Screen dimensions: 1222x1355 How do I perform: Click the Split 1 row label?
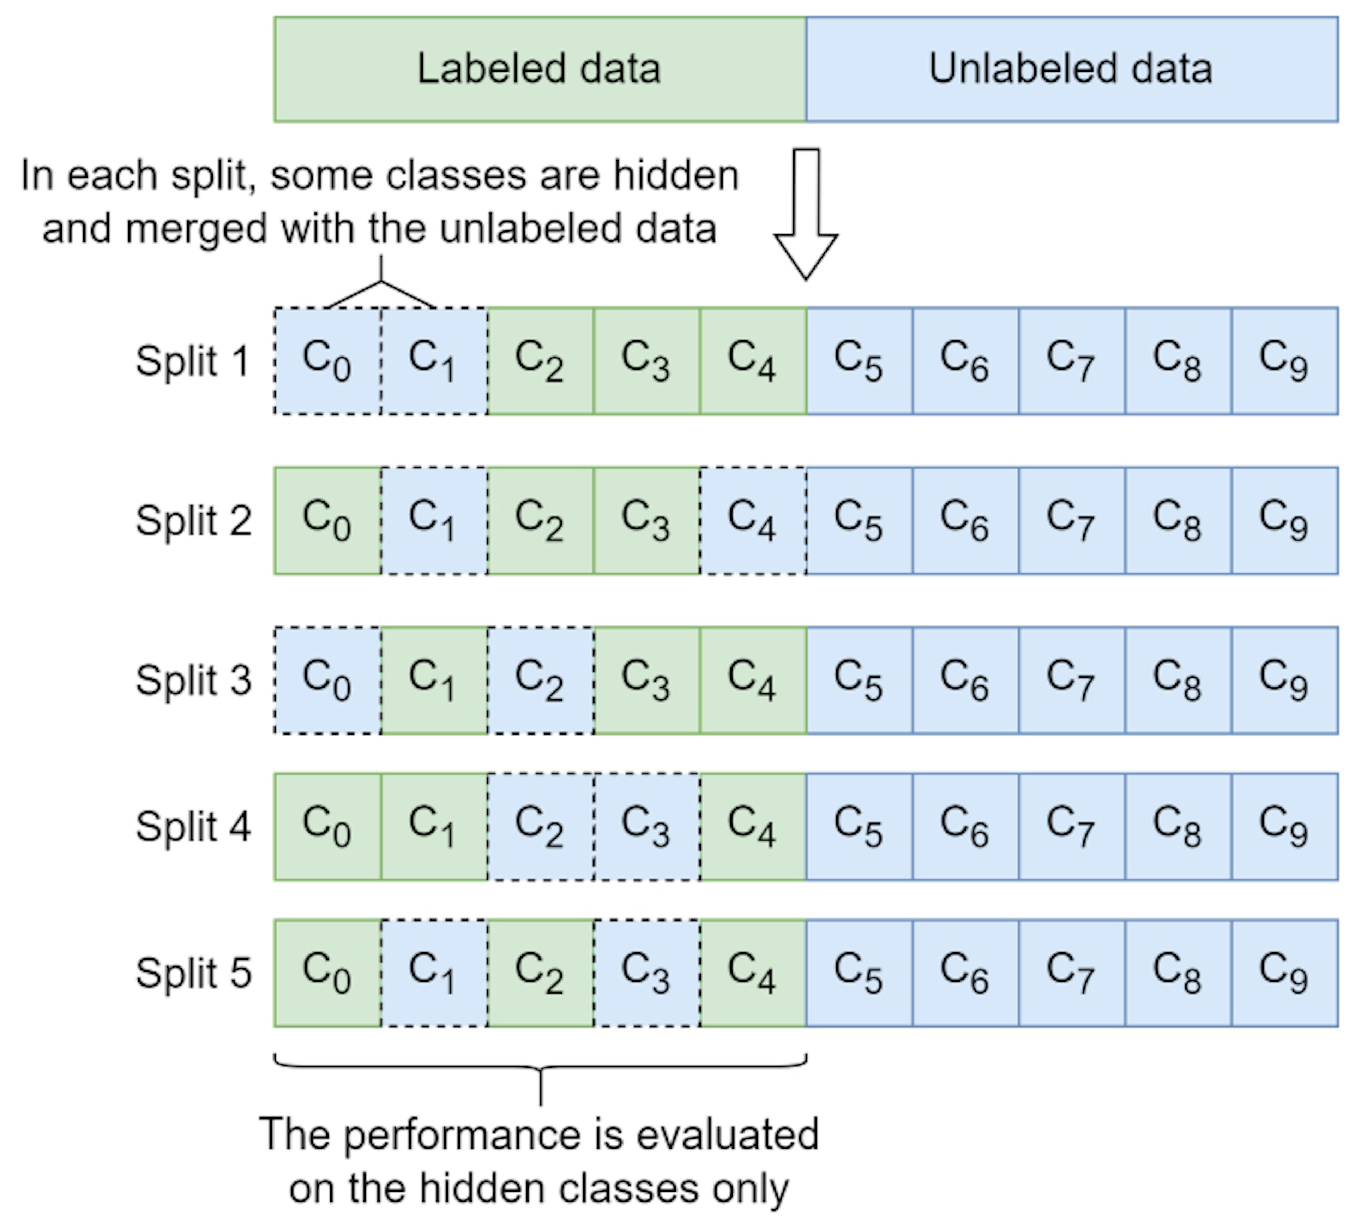(x=193, y=361)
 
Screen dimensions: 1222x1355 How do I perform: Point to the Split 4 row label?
(x=193, y=827)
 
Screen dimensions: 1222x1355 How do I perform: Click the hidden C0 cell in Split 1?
(x=327, y=361)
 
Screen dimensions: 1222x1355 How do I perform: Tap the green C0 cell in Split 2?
(x=327, y=521)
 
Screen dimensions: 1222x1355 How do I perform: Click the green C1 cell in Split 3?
(x=434, y=680)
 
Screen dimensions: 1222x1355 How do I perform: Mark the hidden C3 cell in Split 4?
(x=646, y=827)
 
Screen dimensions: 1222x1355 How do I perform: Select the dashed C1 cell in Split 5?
(x=434, y=973)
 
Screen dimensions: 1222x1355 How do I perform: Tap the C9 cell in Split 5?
(x=1284, y=973)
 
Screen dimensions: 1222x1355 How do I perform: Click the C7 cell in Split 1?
(x=1071, y=361)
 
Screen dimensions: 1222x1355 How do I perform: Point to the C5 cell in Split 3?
(x=859, y=680)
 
